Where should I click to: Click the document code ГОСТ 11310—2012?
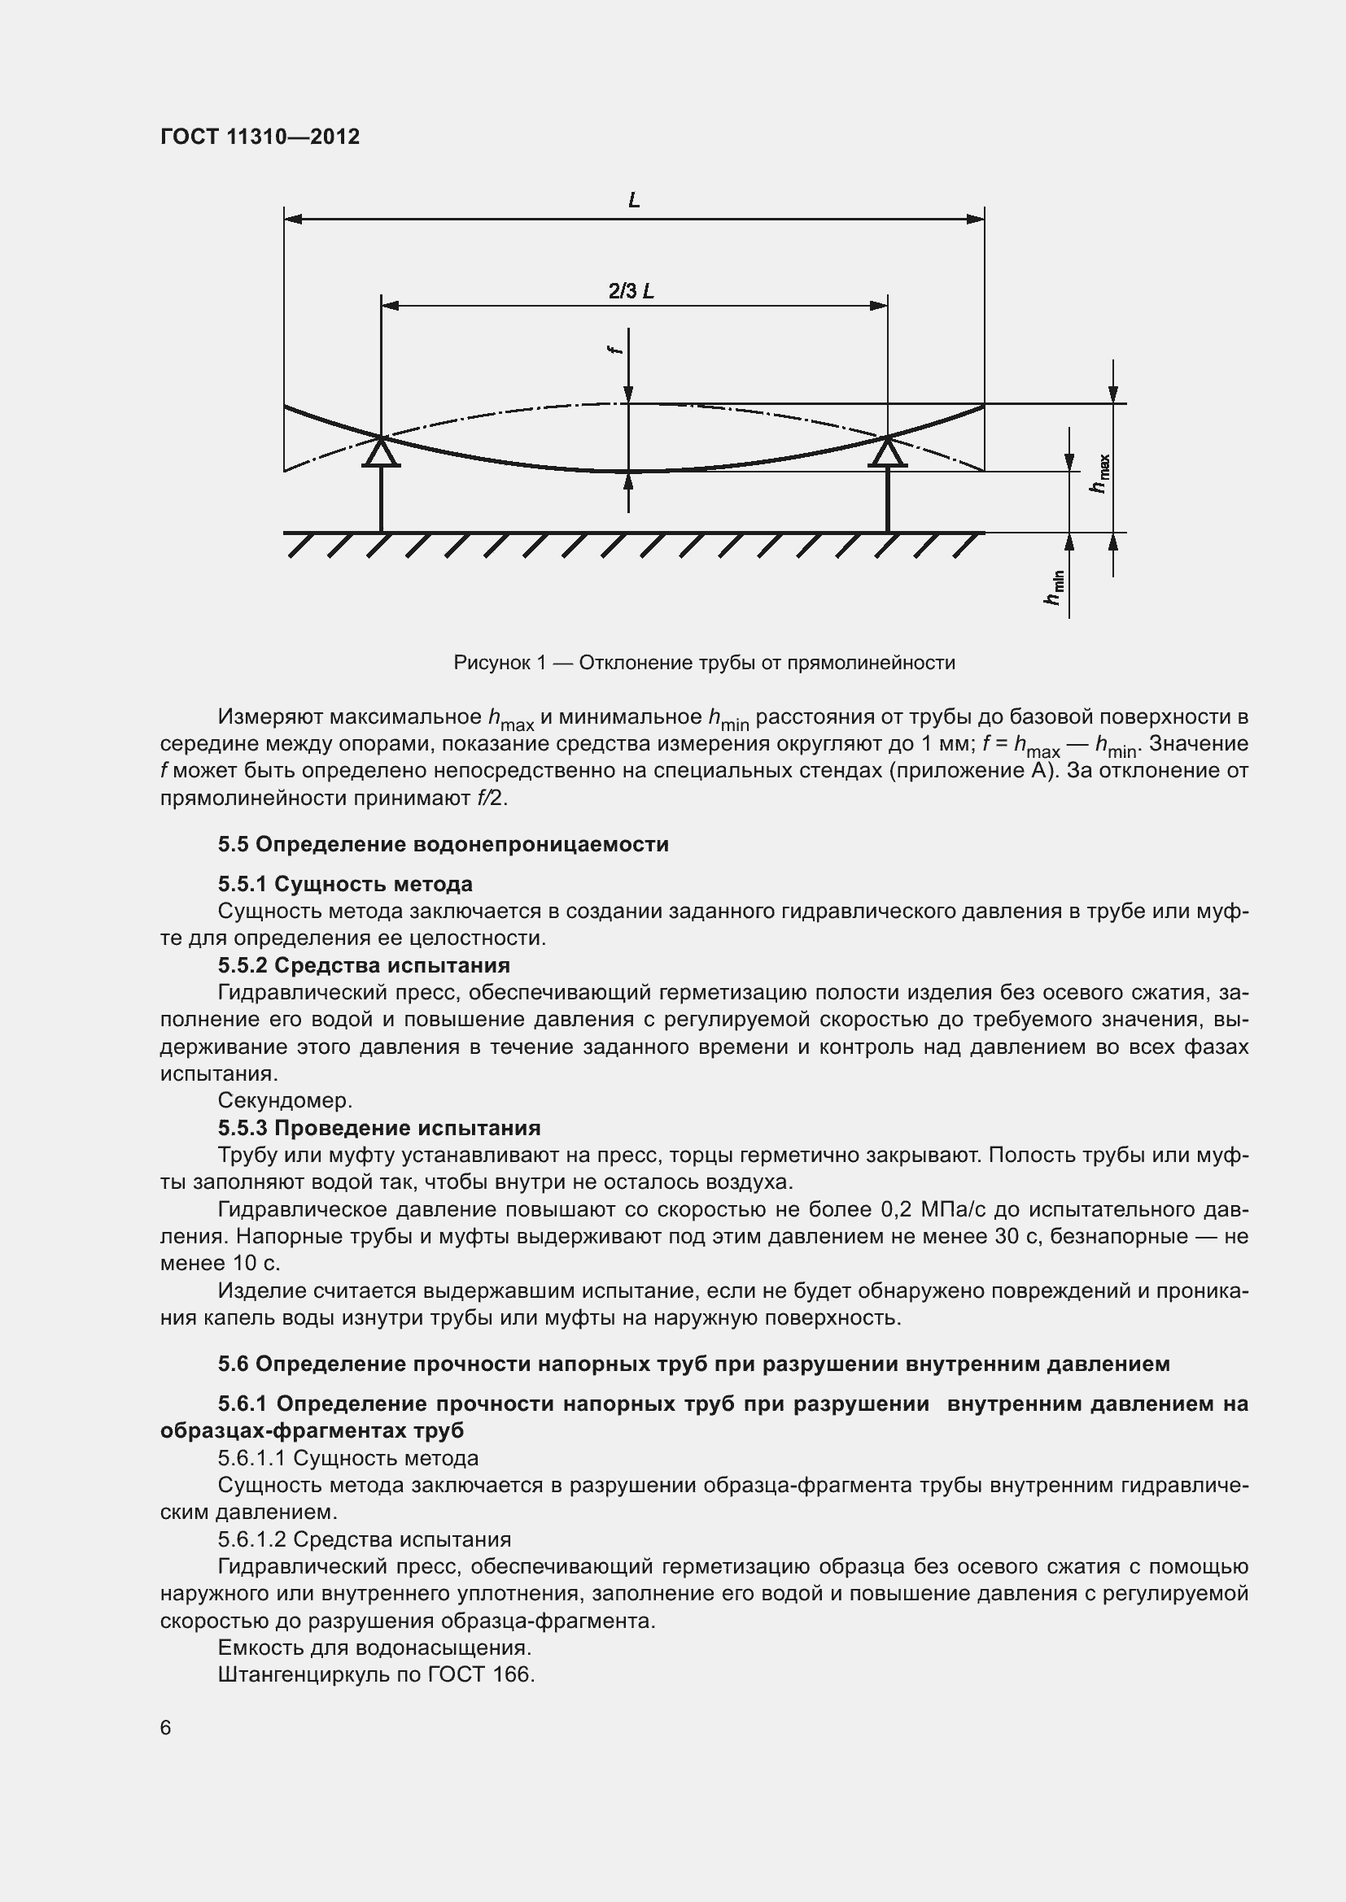(260, 137)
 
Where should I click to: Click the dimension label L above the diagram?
(634, 201)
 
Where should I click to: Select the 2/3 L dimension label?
(631, 292)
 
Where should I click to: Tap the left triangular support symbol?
(381, 453)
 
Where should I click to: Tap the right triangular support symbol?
(888, 453)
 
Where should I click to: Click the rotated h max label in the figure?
(1100, 474)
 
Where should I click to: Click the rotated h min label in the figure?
(1054, 587)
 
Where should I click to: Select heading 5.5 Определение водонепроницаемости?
(444, 844)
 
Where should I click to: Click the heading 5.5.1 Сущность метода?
(345, 884)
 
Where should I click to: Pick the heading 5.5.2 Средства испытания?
(364, 965)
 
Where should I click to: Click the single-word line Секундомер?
(285, 1100)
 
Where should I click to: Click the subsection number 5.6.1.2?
(252, 1539)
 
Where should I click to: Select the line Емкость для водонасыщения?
(374, 1647)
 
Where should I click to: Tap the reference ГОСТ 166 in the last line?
(481, 1674)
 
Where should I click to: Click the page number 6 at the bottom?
(166, 1728)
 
